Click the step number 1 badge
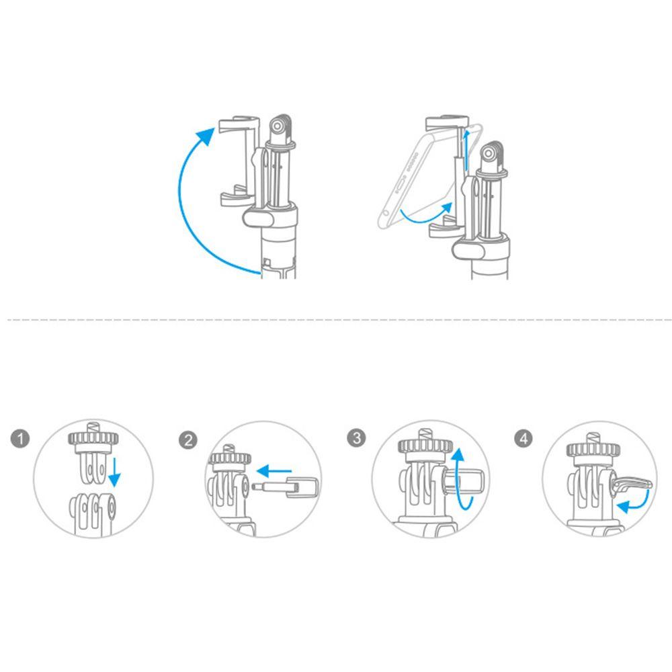[x=22, y=439]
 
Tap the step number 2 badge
[x=189, y=440]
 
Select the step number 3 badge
[x=357, y=439]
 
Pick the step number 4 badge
[x=524, y=439]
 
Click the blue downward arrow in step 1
[x=115, y=470]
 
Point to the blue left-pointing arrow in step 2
[x=276, y=470]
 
